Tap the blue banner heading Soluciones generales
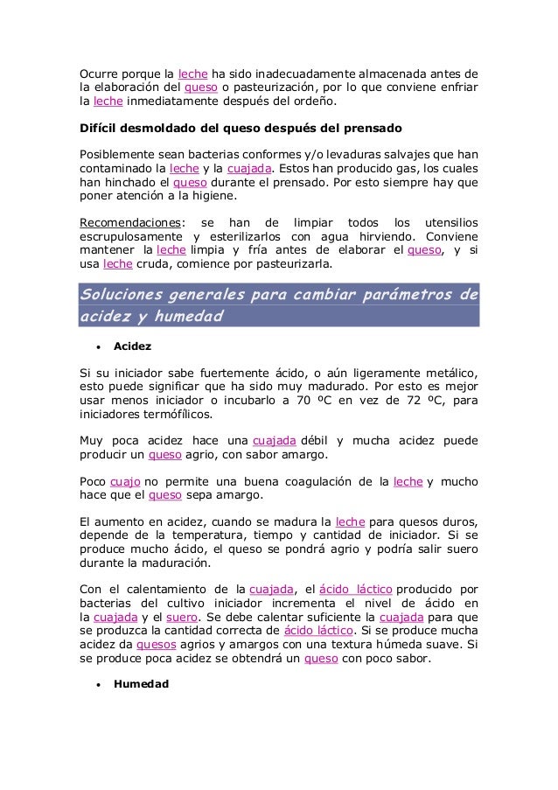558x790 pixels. tap(279, 305)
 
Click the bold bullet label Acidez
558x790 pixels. tap(133, 346)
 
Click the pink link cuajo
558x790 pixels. tap(125, 482)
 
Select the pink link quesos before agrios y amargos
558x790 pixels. tap(157, 645)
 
